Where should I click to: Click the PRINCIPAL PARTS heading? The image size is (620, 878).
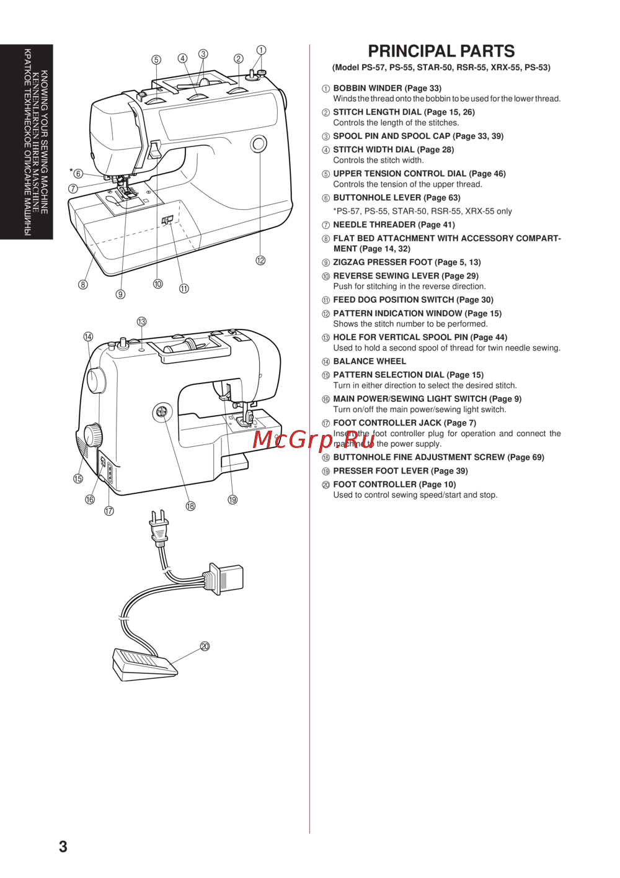click(x=441, y=51)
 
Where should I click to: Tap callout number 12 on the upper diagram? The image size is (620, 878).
click(x=260, y=261)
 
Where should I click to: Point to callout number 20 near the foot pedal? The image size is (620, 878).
click(x=205, y=647)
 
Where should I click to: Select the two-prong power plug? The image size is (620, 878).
click(x=159, y=527)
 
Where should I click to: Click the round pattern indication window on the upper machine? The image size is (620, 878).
click(x=259, y=145)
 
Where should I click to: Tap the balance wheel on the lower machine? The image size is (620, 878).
click(x=96, y=380)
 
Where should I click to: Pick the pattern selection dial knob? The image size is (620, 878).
click(x=94, y=434)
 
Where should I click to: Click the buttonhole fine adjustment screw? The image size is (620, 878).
click(x=162, y=411)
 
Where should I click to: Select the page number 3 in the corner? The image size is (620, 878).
click(x=63, y=846)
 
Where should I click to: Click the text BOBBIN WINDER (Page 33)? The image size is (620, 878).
click(x=387, y=88)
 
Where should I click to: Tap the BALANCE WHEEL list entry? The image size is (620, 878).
click(x=370, y=361)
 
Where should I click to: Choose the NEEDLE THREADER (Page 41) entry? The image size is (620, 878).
click(x=394, y=225)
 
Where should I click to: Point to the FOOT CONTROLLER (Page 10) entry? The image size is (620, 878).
click(x=394, y=484)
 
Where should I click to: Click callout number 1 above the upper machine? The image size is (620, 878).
click(x=261, y=50)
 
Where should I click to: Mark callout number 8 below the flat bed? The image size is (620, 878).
click(x=83, y=285)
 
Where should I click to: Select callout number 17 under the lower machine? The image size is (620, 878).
click(x=109, y=511)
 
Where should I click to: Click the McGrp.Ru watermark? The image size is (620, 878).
click(x=314, y=439)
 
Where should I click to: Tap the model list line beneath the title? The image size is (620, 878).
click(x=441, y=68)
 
